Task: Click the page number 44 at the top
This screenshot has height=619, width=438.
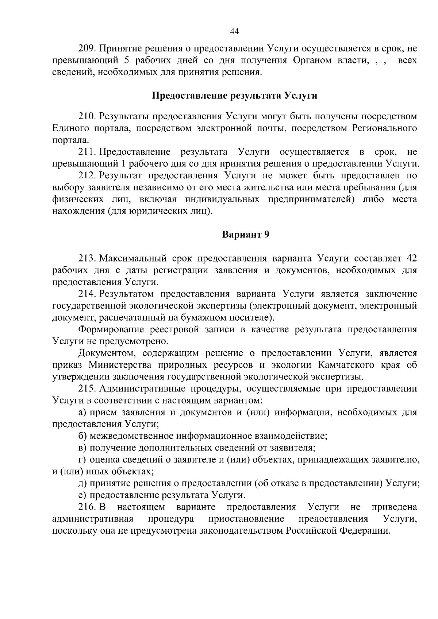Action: tap(234, 32)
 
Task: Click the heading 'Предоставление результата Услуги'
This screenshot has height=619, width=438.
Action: tap(234, 96)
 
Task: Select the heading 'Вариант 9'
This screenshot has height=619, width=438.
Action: tap(246, 235)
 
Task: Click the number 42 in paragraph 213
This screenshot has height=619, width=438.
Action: tap(411, 259)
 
